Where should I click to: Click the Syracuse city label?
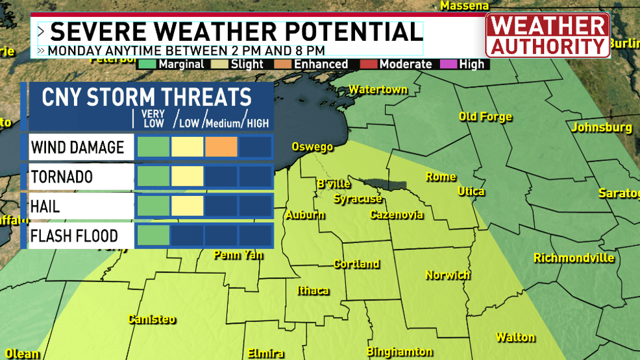click(x=358, y=198)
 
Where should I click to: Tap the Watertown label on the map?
click(x=378, y=90)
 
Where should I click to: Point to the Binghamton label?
click(x=400, y=352)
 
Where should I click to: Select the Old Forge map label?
click(x=485, y=117)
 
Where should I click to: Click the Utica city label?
click(x=471, y=191)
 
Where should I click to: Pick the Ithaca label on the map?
click(x=313, y=291)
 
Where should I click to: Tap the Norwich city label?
click(x=447, y=275)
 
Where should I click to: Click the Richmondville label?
click(x=574, y=258)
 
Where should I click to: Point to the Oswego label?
click(x=312, y=147)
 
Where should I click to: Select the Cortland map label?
click(x=356, y=264)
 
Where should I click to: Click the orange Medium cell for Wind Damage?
click(x=221, y=147)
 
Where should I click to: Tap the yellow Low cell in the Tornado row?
click(x=188, y=176)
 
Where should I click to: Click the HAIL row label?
click(x=45, y=206)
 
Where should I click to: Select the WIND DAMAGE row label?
click(x=77, y=147)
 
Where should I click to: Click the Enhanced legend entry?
click(x=314, y=64)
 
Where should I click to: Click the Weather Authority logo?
click(x=547, y=36)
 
